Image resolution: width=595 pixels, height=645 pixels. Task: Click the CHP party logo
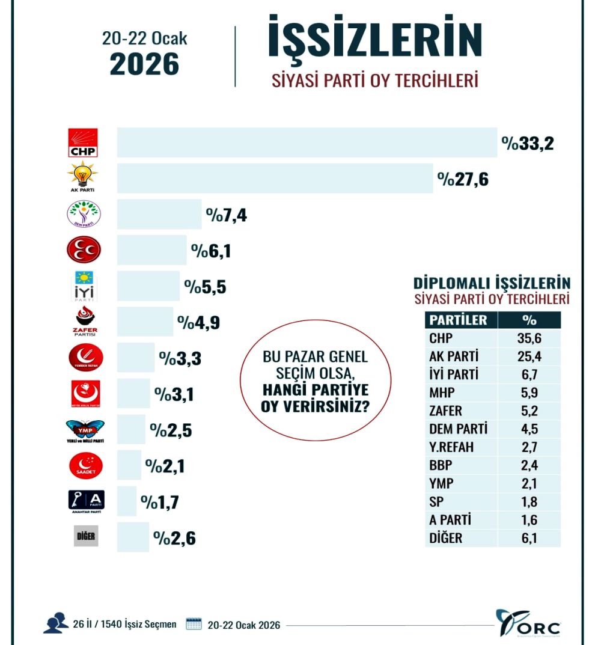click(83, 143)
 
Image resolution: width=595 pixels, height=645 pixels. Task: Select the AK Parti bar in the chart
click(275, 179)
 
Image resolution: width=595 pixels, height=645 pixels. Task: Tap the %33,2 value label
click(527, 144)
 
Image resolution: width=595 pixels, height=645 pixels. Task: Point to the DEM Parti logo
click(84, 215)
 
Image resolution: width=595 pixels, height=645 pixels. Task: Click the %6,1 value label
click(211, 251)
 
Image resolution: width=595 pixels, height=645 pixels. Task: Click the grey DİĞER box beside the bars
click(85, 536)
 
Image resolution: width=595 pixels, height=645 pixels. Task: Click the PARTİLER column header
click(458, 320)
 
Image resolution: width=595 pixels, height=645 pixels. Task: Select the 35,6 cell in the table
click(529, 338)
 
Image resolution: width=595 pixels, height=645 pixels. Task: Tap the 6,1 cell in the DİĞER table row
click(529, 538)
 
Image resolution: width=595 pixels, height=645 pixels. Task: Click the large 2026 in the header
click(144, 64)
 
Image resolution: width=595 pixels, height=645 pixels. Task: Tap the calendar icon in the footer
click(194, 624)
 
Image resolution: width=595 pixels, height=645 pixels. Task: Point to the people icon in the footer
click(55, 623)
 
